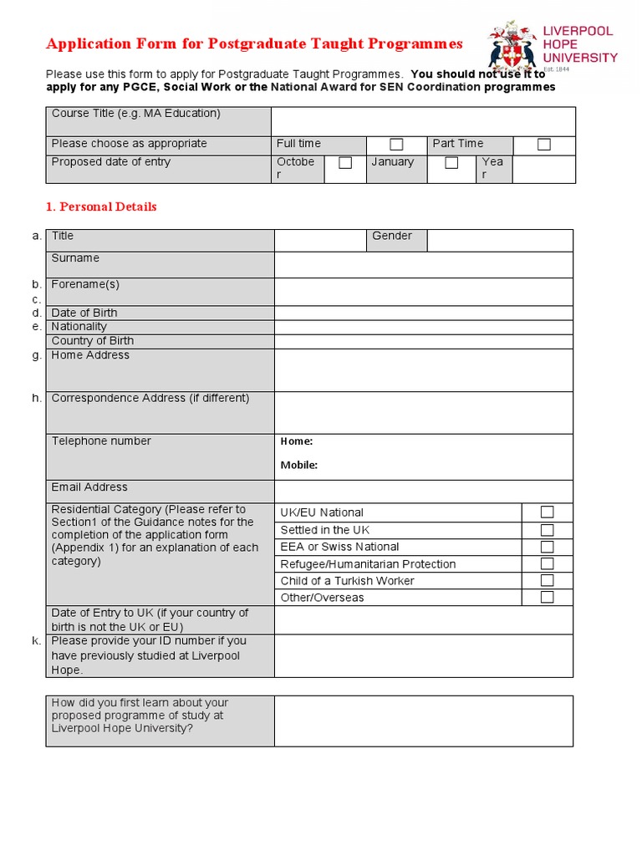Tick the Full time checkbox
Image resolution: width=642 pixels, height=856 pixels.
tap(396, 145)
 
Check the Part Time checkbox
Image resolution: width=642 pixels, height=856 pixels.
tap(544, 145)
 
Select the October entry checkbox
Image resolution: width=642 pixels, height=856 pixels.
tap(345, 163)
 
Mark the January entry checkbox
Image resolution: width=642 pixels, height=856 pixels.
tap(451, 163)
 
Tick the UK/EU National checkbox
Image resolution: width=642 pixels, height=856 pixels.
tap(547, 512)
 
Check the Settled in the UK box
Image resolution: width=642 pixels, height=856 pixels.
tap(547, 529)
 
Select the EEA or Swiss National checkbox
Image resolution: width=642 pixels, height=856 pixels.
tap(547, 547)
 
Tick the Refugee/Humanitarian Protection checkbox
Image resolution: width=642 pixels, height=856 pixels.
tap(547, 563)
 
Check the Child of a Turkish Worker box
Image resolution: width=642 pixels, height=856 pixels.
tap(547, 580)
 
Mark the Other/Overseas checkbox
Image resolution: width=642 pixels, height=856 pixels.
tap(547, 597)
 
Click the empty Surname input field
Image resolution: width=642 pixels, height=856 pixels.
tap(423, 264)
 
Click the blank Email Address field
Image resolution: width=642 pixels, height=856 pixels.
tap(423, 491)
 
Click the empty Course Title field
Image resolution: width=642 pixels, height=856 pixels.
tap(423, 120)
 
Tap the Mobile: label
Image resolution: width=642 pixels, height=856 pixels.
tap(298, 466)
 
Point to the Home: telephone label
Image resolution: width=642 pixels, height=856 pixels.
tap(297, 441)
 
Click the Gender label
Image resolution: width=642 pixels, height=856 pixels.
tap(392, 237)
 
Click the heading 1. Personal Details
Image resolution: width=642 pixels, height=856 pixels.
tap(101, 206)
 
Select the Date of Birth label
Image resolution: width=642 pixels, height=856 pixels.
tap(84, 313)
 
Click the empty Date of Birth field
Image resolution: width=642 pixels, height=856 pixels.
tap(423, 313)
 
